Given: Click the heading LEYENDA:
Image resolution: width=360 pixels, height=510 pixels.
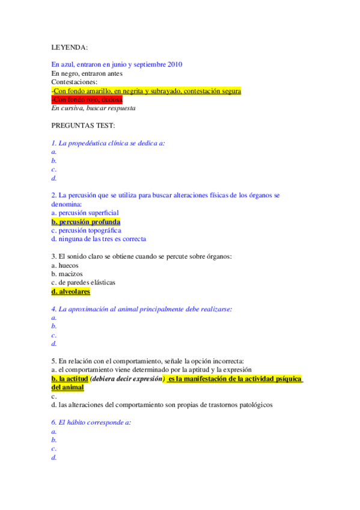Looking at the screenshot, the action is pyautogui.click(x=69, y=47).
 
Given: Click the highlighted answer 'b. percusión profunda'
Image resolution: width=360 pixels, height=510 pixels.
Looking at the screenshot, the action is pyautogui.click(x=86, y=221).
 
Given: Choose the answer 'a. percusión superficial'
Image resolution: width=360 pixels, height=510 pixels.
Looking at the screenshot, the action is pyautogui.click(x=85, y=212).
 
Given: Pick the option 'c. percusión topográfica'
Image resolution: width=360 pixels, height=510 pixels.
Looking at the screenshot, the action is pyautogui.click(x=87, y=230).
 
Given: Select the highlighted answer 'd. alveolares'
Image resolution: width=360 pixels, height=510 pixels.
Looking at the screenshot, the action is pyautogui.click(x=71, y=291).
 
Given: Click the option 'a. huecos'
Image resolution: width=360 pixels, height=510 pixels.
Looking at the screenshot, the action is pyautogui.click(x=65, y=265).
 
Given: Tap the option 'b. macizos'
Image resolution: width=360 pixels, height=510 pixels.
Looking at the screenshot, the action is pyautogui.click(x=67, y=274).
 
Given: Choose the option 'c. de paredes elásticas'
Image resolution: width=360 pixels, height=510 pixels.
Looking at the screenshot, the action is pyautogui.click(x=84, y=282).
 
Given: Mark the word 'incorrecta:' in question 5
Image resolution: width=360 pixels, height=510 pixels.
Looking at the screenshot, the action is pyautogui.click(x=226, y=361).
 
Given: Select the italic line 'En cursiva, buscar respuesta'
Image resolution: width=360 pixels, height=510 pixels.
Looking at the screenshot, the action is pyautogui.click(x=93, y=108).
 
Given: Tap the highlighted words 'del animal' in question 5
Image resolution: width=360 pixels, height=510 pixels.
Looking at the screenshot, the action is pyautogui.click(x=68, y=387).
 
